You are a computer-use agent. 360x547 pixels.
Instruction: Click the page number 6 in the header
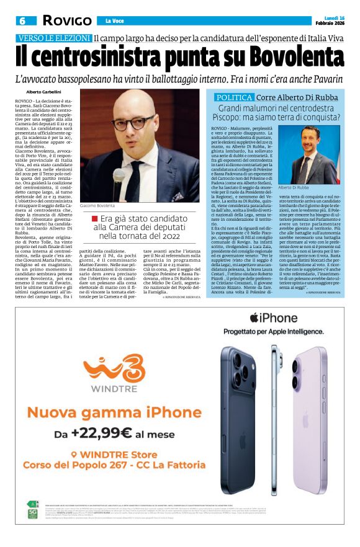coord(22,20)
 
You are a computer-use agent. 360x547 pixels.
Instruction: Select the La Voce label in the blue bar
coord(114,21)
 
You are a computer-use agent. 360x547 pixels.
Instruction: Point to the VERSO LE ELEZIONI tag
coord(54,37)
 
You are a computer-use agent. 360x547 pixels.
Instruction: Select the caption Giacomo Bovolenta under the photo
coord(97,205)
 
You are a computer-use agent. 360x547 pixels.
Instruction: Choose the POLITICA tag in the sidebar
coord(233,98)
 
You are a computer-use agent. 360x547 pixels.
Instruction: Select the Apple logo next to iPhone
coord(253,318)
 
